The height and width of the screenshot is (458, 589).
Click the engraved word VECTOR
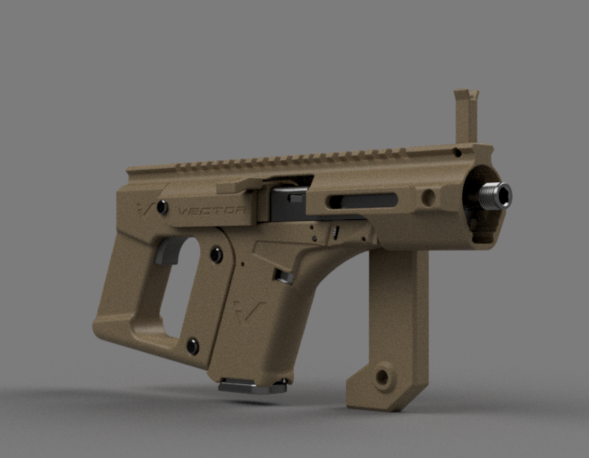[212, 211]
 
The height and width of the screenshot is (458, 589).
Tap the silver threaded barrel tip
[497, 195]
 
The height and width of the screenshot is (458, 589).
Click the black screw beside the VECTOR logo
[162, 207]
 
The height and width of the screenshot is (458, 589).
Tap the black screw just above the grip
[217, 254]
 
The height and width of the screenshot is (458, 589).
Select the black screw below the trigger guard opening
[193, 344]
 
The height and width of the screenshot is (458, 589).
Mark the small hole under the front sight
[458, 152]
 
